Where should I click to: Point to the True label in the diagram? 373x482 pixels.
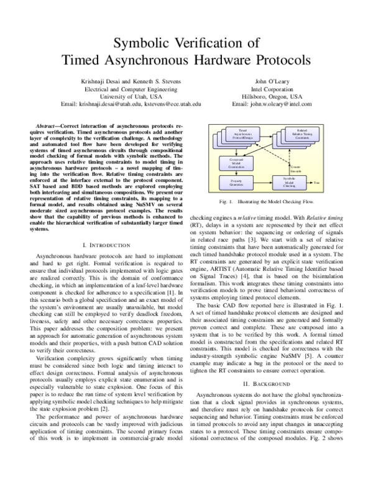[x=316, y=182]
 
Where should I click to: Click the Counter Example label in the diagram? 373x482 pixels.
[x=295, y=168]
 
